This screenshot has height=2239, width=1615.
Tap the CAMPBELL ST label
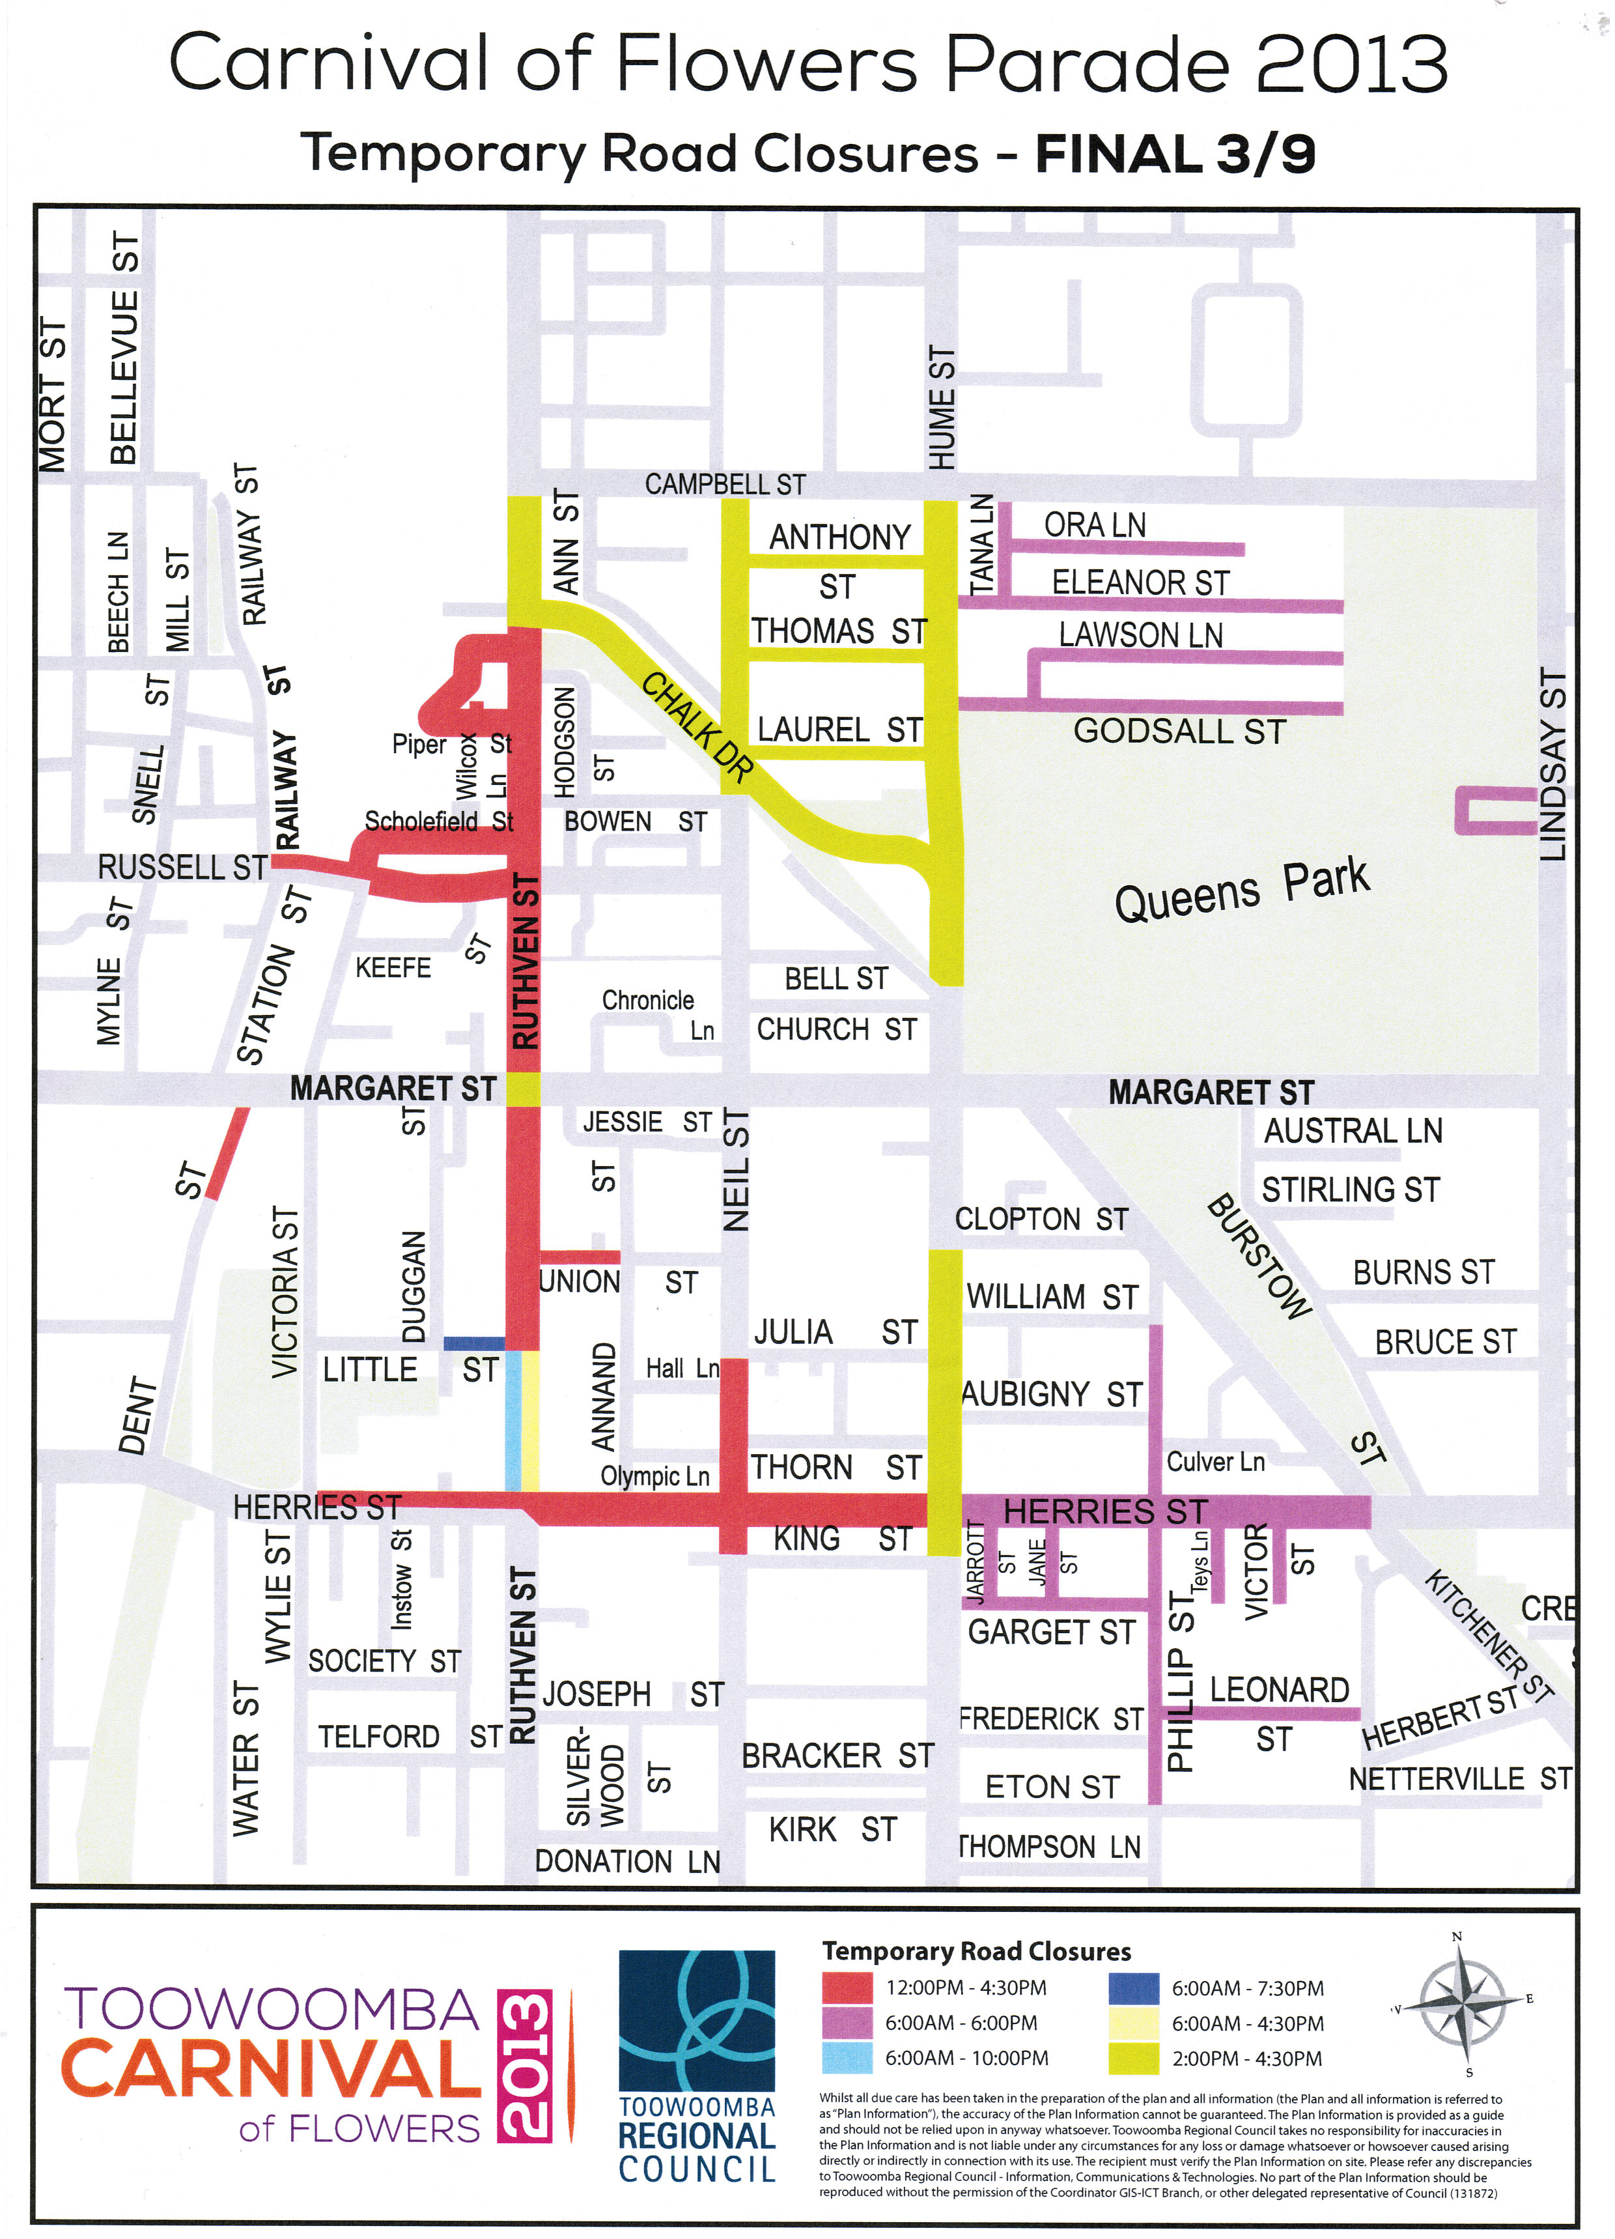[x=725, y=485]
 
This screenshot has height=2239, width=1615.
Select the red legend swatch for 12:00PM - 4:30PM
[x=848, y=1988]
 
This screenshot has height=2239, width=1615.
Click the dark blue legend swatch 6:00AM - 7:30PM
[x=1133, y=1988]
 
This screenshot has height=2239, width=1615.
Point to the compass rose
[x=1461, y=2004]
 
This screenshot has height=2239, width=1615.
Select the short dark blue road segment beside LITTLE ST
[x=474, y=1344]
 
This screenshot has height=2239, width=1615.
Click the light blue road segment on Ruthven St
[x=513, y=1421]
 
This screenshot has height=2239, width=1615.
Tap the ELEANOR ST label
[x=1141, y=582]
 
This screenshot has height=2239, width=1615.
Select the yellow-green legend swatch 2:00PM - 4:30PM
[x=1133, y=2059]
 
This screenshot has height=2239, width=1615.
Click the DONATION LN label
[x=628, y=1862]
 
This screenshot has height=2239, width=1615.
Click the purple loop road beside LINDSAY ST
[x=1493, y=810]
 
